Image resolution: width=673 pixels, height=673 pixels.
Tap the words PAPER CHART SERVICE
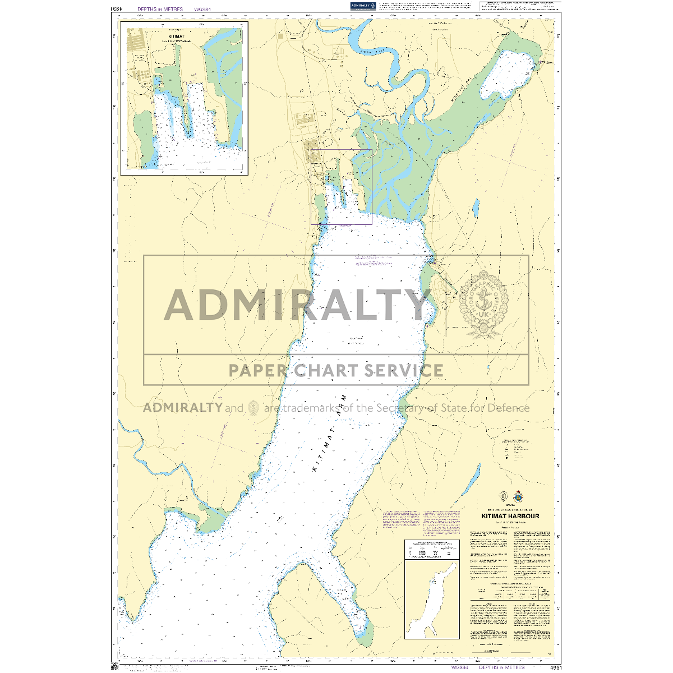pyautogui.click(x=336, y=371)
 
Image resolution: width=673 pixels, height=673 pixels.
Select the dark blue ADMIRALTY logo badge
pyautogui.click(x=362, y=6)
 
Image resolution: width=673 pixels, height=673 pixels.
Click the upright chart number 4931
pyautogui.click(x=555, y=667)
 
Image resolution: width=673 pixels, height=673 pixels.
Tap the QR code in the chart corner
pyautogui.click(x=116, y=667)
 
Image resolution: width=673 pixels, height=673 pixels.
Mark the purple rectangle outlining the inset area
pyautogui.click(x=342, y=187)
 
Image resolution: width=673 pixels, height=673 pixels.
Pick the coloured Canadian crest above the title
pyautogui.click(x=518, y=496)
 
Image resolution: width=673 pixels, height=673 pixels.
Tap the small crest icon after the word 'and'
pyautogui.click(x=253, y=408)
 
